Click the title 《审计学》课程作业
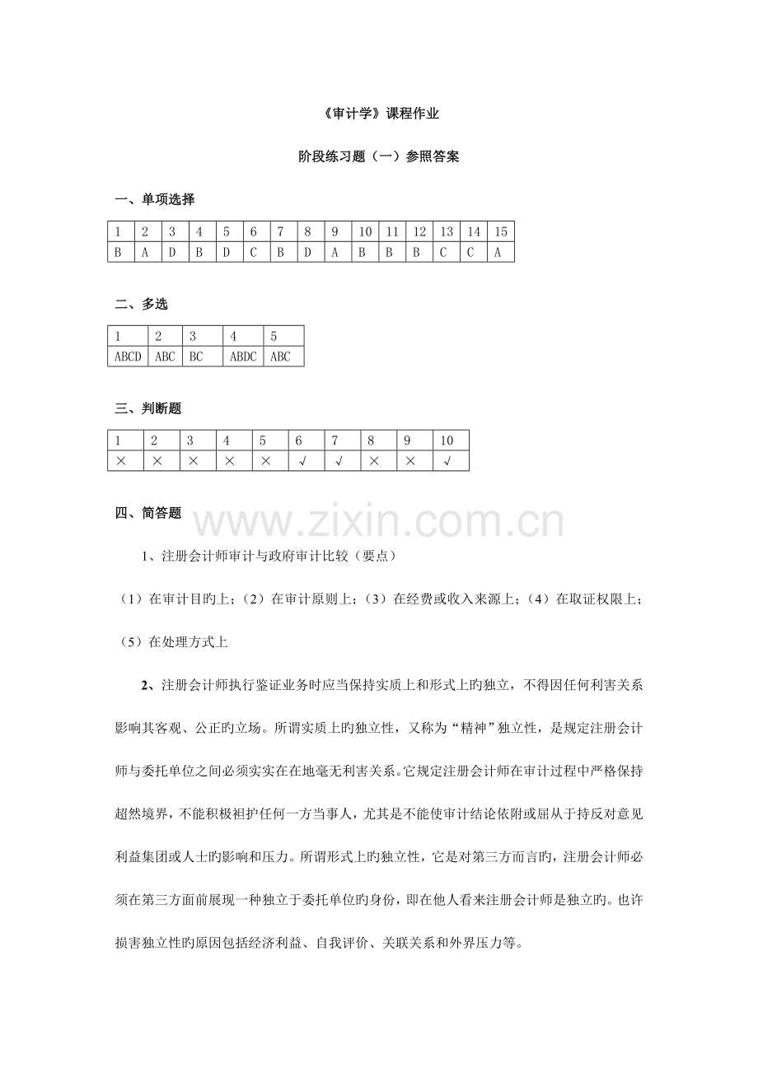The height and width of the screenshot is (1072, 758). pyautogui.click(x=379, y=114)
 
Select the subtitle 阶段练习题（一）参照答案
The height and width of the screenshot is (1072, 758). pyautogui.click(x=379, y=156)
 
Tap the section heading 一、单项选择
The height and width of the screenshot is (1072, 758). pyautogui.click(x=155, y=199)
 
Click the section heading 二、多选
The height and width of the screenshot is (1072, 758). pyautogui.click(x=141, y=305)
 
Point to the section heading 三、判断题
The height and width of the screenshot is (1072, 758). pyautogui.click(x=155, y=408)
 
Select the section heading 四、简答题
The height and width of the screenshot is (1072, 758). pyautogui.click(x=148, y=513)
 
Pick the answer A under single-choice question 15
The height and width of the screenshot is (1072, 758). pyautogui.click(x=498, y=252)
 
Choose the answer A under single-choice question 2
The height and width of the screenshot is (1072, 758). pyautogui.click(x=145, y=252)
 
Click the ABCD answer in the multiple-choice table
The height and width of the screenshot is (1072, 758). pyautogui.click(x=128, y=357)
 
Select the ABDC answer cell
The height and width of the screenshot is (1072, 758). pyautogui.click(x=243, y=357)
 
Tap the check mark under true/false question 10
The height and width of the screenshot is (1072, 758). pyautogui.click(x=447, y=461)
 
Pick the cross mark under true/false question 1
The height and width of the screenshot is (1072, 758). pyautogui.click(x=121, y=461)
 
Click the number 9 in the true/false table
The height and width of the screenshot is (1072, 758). pyautogui.click(x=409, y=440)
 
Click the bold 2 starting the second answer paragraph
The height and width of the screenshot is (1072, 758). pyautogui.click(x=144, y=685)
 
